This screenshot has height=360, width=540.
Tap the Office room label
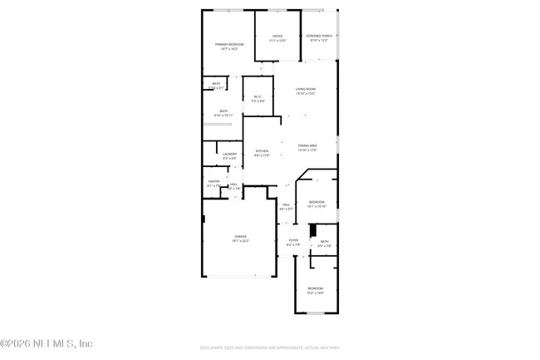tap(277, 38)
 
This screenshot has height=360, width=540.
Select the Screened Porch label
tap(319, 38)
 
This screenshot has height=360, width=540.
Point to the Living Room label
tap(306, 91)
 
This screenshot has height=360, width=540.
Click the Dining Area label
tap(307, 148)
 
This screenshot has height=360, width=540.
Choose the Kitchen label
tap(262, 153)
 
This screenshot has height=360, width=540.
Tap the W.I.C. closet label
tap(258, 99)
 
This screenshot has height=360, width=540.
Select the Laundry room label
tap(229, 155)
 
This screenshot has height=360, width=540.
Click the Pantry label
tap(214, 183)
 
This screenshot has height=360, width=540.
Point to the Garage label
tap(240, 239)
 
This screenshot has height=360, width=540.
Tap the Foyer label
tap(292, 242)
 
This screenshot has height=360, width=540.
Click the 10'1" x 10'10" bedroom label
tap(317, 204)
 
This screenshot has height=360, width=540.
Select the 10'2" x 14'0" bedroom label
tap(316, 290)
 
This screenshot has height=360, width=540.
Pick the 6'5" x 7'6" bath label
tap(324, 244)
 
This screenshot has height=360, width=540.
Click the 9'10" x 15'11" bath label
tap(223, 113)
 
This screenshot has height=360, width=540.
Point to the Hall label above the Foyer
tap(286, 206)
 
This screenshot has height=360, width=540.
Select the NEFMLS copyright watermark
tap(46, 343)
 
